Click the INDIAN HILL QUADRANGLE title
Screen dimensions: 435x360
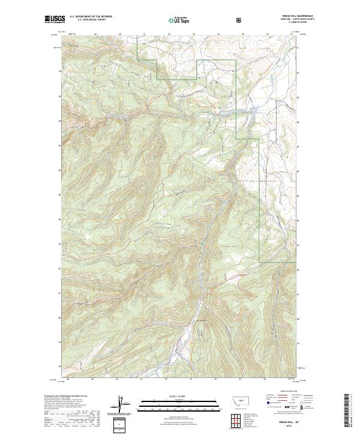(280, 17)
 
